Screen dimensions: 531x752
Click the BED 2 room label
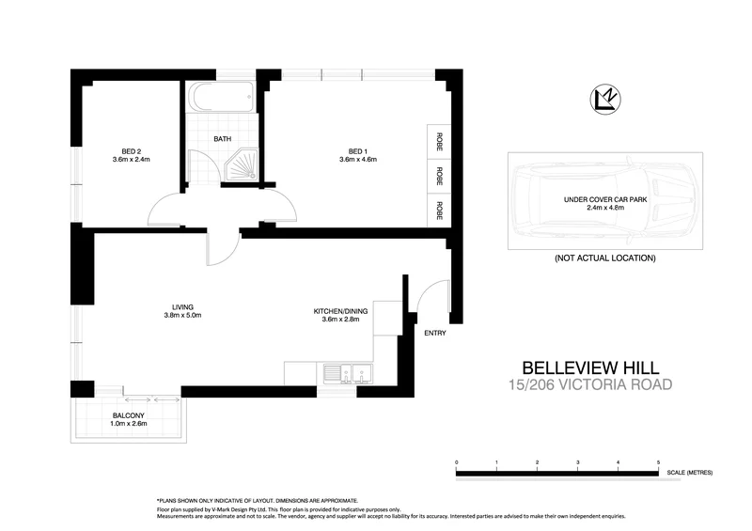coord(132,150)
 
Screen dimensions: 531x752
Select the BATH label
coord(223,139)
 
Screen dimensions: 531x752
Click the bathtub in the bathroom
coord(220,97)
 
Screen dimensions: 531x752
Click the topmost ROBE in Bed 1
coord(439,141)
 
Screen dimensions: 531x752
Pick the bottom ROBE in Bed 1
coord(439,209)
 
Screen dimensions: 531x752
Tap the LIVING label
coord(182,305)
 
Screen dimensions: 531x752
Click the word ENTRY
coord(435,333)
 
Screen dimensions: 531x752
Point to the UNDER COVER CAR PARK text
coord(605,200)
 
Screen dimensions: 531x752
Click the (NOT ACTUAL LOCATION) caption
coord(604,258)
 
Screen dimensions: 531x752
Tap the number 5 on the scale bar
coord(659,463)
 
